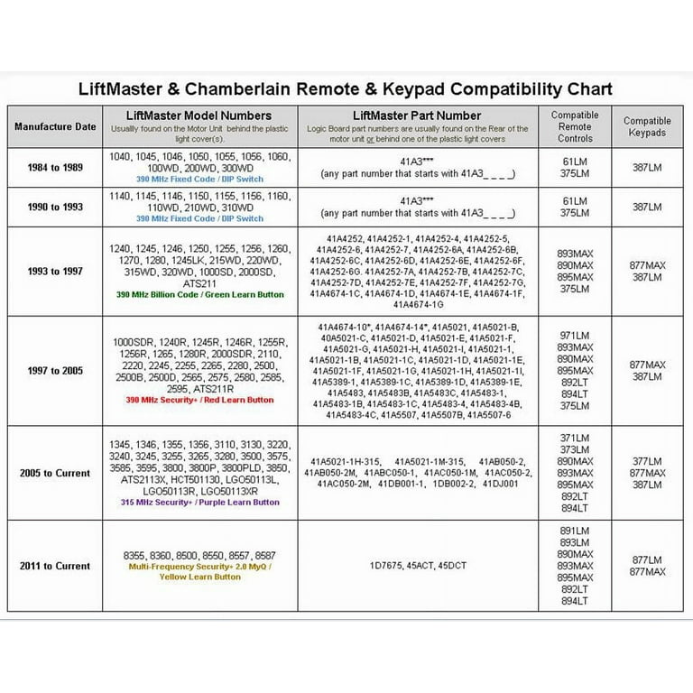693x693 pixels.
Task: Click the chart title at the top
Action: [x=346, y=89]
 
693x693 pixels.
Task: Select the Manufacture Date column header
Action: [x=55, y=126]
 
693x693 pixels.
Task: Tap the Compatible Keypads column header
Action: [x=647, y=126]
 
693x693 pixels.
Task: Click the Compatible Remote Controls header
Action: [x=575, y=127]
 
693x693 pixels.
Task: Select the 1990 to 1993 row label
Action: [x=55, y=207]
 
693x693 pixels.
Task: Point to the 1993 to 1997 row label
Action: [x=55, y=271]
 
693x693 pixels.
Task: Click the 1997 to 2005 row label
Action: [x=55, y=369]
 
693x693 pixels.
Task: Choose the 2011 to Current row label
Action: [x=55, y=566]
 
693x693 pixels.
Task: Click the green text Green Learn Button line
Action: [x=200, y=295]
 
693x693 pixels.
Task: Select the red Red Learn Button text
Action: [x=200, y=400]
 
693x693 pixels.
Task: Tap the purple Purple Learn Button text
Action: [x=200, y=503]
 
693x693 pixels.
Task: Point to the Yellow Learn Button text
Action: [x=200, y=576]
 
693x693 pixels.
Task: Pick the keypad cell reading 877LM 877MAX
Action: [x=647, y=566]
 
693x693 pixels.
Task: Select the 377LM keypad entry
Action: [x=647, y=458]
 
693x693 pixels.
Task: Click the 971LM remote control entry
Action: [x=575, y=333]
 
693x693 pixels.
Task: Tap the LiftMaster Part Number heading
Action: [x=418, y=115]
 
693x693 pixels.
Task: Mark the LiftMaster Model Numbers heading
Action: [x=200, y=115]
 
